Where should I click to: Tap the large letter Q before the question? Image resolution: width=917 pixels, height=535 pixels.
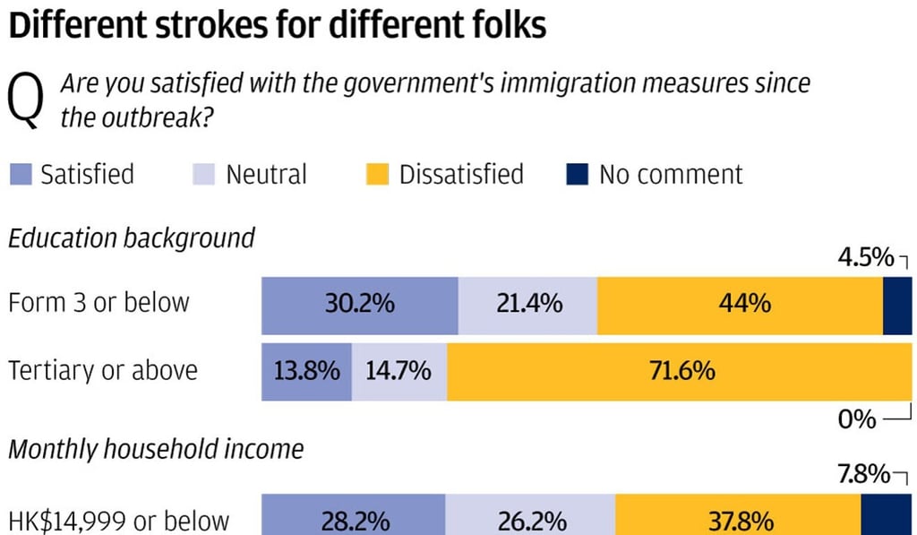pos(26,102)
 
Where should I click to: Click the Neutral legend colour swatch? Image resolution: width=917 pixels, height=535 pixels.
pos(203,174)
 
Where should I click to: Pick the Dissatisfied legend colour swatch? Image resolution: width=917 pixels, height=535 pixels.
pos(377,174)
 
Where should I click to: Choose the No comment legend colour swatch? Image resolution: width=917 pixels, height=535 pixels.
pos(577,174)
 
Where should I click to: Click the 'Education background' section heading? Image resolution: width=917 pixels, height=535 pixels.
pos(132,238)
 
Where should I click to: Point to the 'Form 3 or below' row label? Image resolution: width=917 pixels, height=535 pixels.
pos(99,302)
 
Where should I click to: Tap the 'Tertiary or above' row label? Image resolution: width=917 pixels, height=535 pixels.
pos(103,370)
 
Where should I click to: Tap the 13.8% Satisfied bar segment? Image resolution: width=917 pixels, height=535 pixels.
pos(305,370)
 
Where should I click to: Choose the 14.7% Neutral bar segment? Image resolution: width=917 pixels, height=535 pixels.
pos(399,370)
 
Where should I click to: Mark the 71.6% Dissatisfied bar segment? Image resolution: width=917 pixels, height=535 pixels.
pos(681,370)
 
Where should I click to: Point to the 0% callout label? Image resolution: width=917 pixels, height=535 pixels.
pos(857,419)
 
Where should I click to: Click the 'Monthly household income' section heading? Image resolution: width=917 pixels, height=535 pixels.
pos(156,448)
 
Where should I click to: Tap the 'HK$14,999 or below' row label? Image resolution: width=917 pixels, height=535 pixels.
pos(118,520)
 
